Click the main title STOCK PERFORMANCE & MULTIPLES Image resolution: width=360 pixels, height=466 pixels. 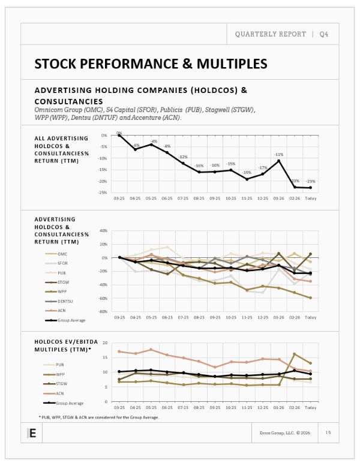[151, 64]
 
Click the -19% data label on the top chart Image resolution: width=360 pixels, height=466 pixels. [247, 173]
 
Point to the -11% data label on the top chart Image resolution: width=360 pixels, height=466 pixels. [278, 154]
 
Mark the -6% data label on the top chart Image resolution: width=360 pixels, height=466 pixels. [136, 145]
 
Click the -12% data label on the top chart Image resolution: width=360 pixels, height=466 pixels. [183, 157]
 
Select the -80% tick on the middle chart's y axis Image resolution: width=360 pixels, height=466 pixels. [103, 312]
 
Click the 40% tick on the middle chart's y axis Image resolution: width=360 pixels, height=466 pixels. [103, 231]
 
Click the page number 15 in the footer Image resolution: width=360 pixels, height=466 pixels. [328, 432]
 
